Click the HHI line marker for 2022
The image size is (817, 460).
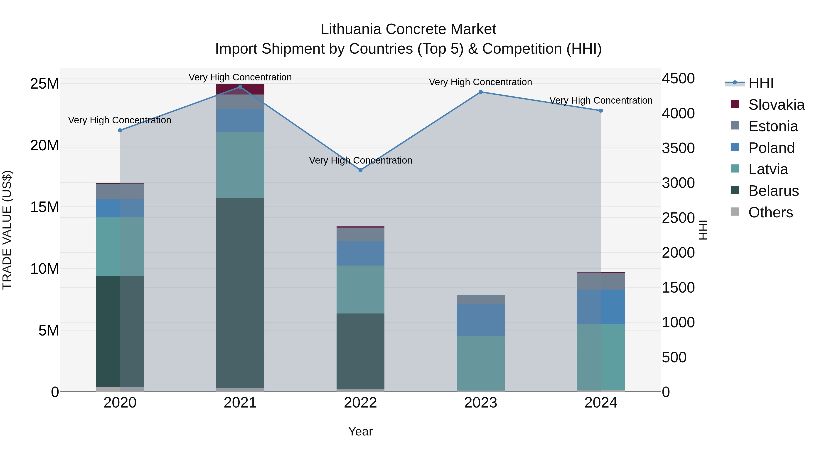click(x=360, y=170)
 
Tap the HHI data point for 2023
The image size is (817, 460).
click(x=480, y=92)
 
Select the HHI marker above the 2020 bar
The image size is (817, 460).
click(x=120, y=130)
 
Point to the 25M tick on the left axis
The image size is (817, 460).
click(x=44, y=84)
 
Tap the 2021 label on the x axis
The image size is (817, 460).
click(x=240, y=403)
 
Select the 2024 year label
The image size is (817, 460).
click(x=601, y=403)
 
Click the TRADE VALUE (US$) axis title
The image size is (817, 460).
click(x=7, y=230)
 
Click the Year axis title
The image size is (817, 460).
click(x=360, y=431)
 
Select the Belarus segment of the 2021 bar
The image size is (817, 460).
click(x=240, y=292)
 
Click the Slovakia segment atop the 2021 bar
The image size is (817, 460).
click(x=240, y=90)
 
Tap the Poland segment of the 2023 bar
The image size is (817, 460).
click(x=480, y=320)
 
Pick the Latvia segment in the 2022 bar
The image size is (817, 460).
click(x=360, y=290)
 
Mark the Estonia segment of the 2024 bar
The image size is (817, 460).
click(x=601, y=281)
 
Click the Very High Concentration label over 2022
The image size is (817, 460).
click(x=361, y=160)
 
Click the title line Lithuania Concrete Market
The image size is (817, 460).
click(x=408, y=29)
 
